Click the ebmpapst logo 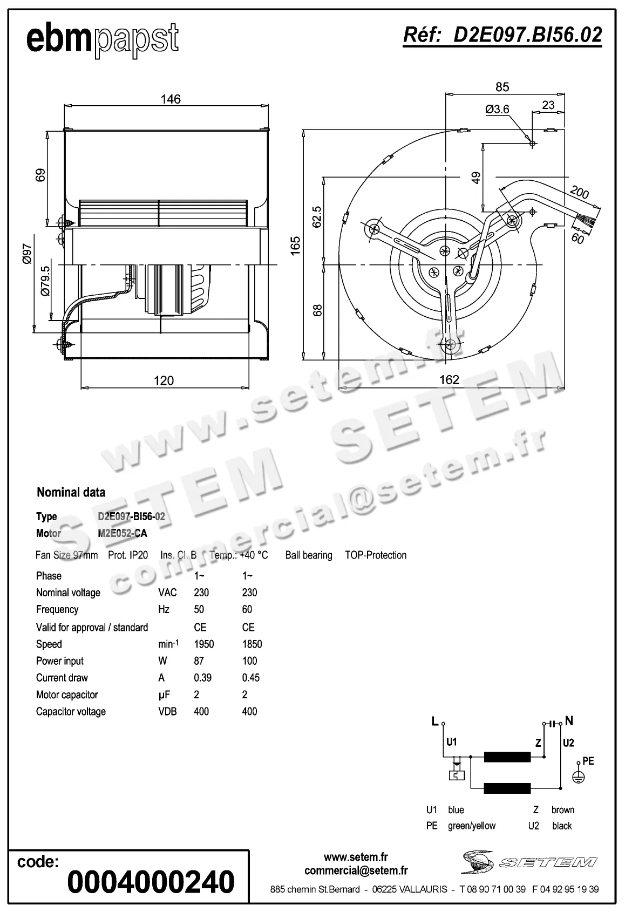(x=103, y=39)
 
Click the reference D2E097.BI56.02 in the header (x=502, y=35)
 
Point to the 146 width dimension (x=171, y=99)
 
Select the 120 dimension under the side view (x=164, y=380)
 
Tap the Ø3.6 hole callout (x=497, y=110)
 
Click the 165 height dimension (x=295, y=245)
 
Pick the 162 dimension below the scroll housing (x=449, y=380)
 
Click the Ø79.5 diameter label (x=45, y=281)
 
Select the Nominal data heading (x=71, y=492)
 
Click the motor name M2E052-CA (x=123, y=533)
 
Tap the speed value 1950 (x=204, y=644)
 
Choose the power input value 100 (x=249, y=661)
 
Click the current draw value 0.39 (x=202, y=678)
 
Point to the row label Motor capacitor (x=67, y=695)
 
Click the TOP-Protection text (x=376, y=555)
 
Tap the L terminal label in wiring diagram (x=434, y=721)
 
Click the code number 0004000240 (x=151, y=882)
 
